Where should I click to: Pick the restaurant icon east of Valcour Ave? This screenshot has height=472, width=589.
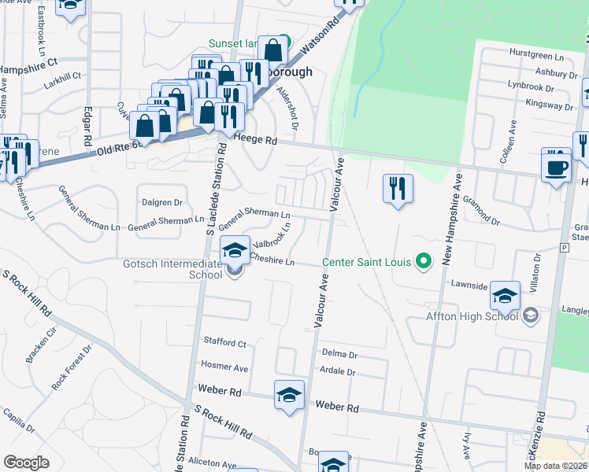click(x=398, y=189)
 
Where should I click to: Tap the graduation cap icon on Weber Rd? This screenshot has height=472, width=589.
click(x=289, y=395)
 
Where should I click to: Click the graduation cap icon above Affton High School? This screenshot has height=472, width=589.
click(x=505, y=296)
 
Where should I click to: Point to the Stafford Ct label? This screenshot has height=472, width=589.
click(x=225, y=344)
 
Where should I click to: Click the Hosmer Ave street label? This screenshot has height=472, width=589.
click(x=224, y=367)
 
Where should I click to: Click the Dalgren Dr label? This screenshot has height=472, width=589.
click(x=162, y=202)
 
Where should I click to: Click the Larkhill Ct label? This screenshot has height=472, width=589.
click(x=64, y=76)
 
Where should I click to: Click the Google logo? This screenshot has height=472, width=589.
click(x=27, y=463)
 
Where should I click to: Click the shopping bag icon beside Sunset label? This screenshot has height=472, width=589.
click(x=272, y=50)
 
